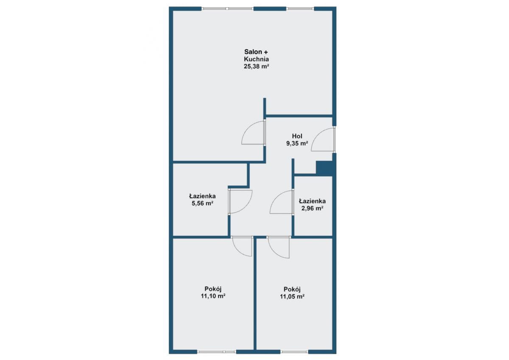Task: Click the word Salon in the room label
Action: pos(253,52)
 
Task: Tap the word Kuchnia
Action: pos(256,59)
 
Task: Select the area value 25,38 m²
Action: pos(257,66)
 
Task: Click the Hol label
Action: pos(297,136)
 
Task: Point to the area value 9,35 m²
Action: pos(297,143)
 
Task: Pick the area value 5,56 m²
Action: pos(202,203)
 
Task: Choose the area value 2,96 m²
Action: pos(312,208)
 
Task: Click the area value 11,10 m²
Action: pos(213,296)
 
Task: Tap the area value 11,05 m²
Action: pos(292,296)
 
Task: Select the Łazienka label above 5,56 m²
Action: pos(202,196)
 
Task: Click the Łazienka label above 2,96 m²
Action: pos(312,201)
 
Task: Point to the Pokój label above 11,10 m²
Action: pos(213,289)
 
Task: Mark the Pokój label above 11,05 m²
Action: pos(292,289)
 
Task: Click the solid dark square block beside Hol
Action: pos(324,168)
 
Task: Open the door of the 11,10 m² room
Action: pos(238,251)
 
